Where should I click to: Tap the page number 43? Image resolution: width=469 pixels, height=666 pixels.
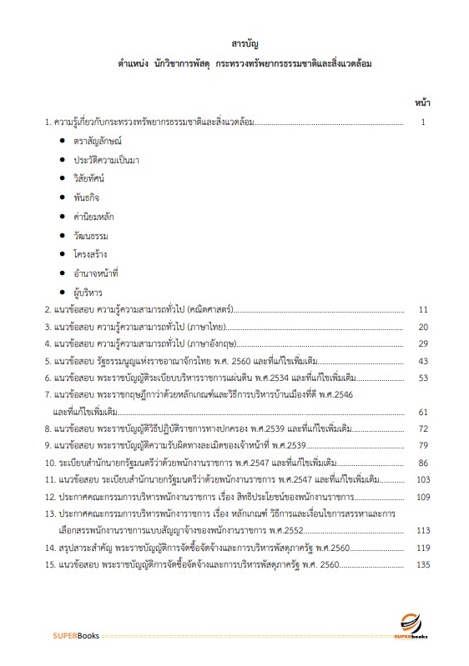tap(422, 362)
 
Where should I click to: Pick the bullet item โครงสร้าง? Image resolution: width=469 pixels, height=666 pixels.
tap(93, 253)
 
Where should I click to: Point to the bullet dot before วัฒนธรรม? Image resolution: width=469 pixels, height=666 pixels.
tap(63, 235)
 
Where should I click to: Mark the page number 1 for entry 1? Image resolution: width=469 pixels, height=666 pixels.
tap(424, 123)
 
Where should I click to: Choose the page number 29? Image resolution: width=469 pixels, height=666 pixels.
tap(422, 343)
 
